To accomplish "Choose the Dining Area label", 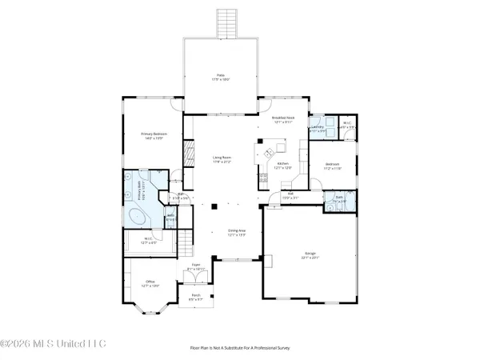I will (x=235, y=232).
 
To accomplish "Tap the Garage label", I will (x=310, y=257).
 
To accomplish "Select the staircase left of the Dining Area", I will (x=186, y=238).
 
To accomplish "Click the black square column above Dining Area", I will (x=214, y=207).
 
